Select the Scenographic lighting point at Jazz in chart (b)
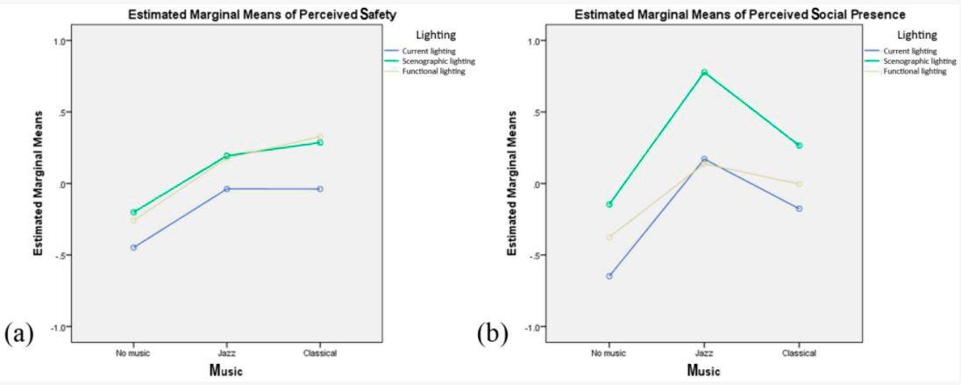tap(704, 72)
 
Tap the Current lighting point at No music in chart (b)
tap(609, 276)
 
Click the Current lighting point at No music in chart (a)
tap(133, 247)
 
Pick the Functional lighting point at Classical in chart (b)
tap(799, 183)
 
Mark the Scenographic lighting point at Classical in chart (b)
tap(799, 146)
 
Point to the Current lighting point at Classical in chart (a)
tap(320, 189)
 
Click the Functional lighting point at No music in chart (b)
tap(609, 237)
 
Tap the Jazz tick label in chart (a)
tap(226, 353)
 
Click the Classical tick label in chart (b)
tap(799, 353)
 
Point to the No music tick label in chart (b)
tap(609, 353)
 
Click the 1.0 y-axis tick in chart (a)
tap(61, 40)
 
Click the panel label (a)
tap(19, 334)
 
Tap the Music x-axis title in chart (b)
tap(703, 370)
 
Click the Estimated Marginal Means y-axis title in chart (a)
tap(39, 184)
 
